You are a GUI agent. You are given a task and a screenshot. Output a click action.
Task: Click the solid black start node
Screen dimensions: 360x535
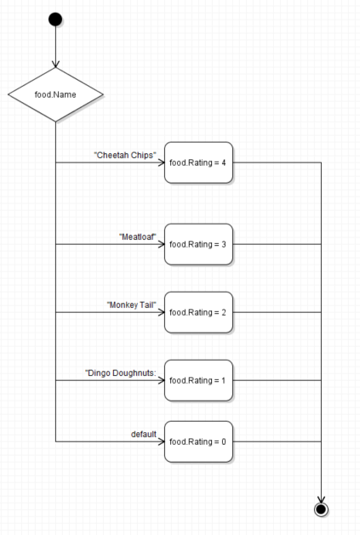55,20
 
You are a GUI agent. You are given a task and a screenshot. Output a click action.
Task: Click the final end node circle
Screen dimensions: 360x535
321,509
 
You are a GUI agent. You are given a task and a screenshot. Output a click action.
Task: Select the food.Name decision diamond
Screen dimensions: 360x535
55,94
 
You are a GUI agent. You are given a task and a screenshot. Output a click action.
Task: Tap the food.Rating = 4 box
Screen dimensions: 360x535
198,162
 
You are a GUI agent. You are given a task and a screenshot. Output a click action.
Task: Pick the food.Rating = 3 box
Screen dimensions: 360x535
198,244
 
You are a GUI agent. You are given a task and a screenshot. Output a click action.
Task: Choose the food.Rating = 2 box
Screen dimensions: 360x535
198,312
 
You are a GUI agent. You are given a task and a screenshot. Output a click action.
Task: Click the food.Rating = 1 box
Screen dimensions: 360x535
198,380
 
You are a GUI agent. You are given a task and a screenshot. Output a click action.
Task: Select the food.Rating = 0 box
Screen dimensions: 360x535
198,441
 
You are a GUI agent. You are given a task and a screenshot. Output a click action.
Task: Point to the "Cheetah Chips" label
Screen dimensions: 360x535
125,156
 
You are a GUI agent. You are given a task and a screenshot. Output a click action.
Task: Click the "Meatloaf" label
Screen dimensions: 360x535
138,236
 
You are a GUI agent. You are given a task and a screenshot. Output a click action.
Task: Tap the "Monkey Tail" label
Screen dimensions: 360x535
132,305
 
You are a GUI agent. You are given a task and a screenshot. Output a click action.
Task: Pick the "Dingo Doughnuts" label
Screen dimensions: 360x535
121,373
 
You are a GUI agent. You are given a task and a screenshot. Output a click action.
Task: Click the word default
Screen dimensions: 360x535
144,434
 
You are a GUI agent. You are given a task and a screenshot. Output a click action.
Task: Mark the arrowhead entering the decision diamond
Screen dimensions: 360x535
55,64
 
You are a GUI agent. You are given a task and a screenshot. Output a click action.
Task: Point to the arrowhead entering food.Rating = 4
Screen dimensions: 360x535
161,162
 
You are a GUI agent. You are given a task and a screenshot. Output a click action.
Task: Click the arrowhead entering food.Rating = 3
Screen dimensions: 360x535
161,244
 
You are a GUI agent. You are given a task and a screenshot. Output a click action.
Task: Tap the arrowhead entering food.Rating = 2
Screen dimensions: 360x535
161,312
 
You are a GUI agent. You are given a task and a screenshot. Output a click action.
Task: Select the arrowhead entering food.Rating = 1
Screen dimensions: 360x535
161,380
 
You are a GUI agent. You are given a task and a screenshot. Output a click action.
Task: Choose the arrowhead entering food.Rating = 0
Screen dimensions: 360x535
161,441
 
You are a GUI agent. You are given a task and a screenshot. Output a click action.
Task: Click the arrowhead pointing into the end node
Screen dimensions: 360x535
321,499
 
